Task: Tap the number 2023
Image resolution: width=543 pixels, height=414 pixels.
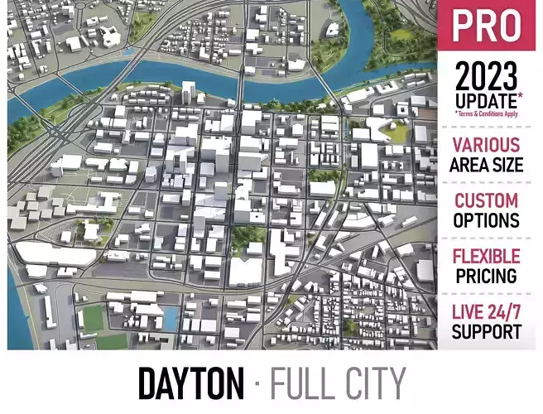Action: pyautogui.click(x=487, y=78)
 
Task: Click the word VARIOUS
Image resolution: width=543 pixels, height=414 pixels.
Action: pyautogui.click(x=487, y=145)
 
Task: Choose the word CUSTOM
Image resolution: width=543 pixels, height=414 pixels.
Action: pyautogui.click(x=487, y=200)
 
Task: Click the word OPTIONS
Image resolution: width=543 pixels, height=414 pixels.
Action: pyautogui.click(x=487, y=221)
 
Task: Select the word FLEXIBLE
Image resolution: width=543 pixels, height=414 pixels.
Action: pyautogui.click(x=487, y=256)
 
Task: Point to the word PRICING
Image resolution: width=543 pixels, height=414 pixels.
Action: pyautogui.click(x=487, y=276)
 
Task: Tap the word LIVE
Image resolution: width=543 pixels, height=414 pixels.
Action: pyautogui.click(x=468, y=312)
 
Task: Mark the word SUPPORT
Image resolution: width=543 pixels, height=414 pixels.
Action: pyautogui.click(x=487, y=332)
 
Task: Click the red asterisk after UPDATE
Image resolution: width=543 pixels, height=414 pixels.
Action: pyautogui.click(x=521, y=96)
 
